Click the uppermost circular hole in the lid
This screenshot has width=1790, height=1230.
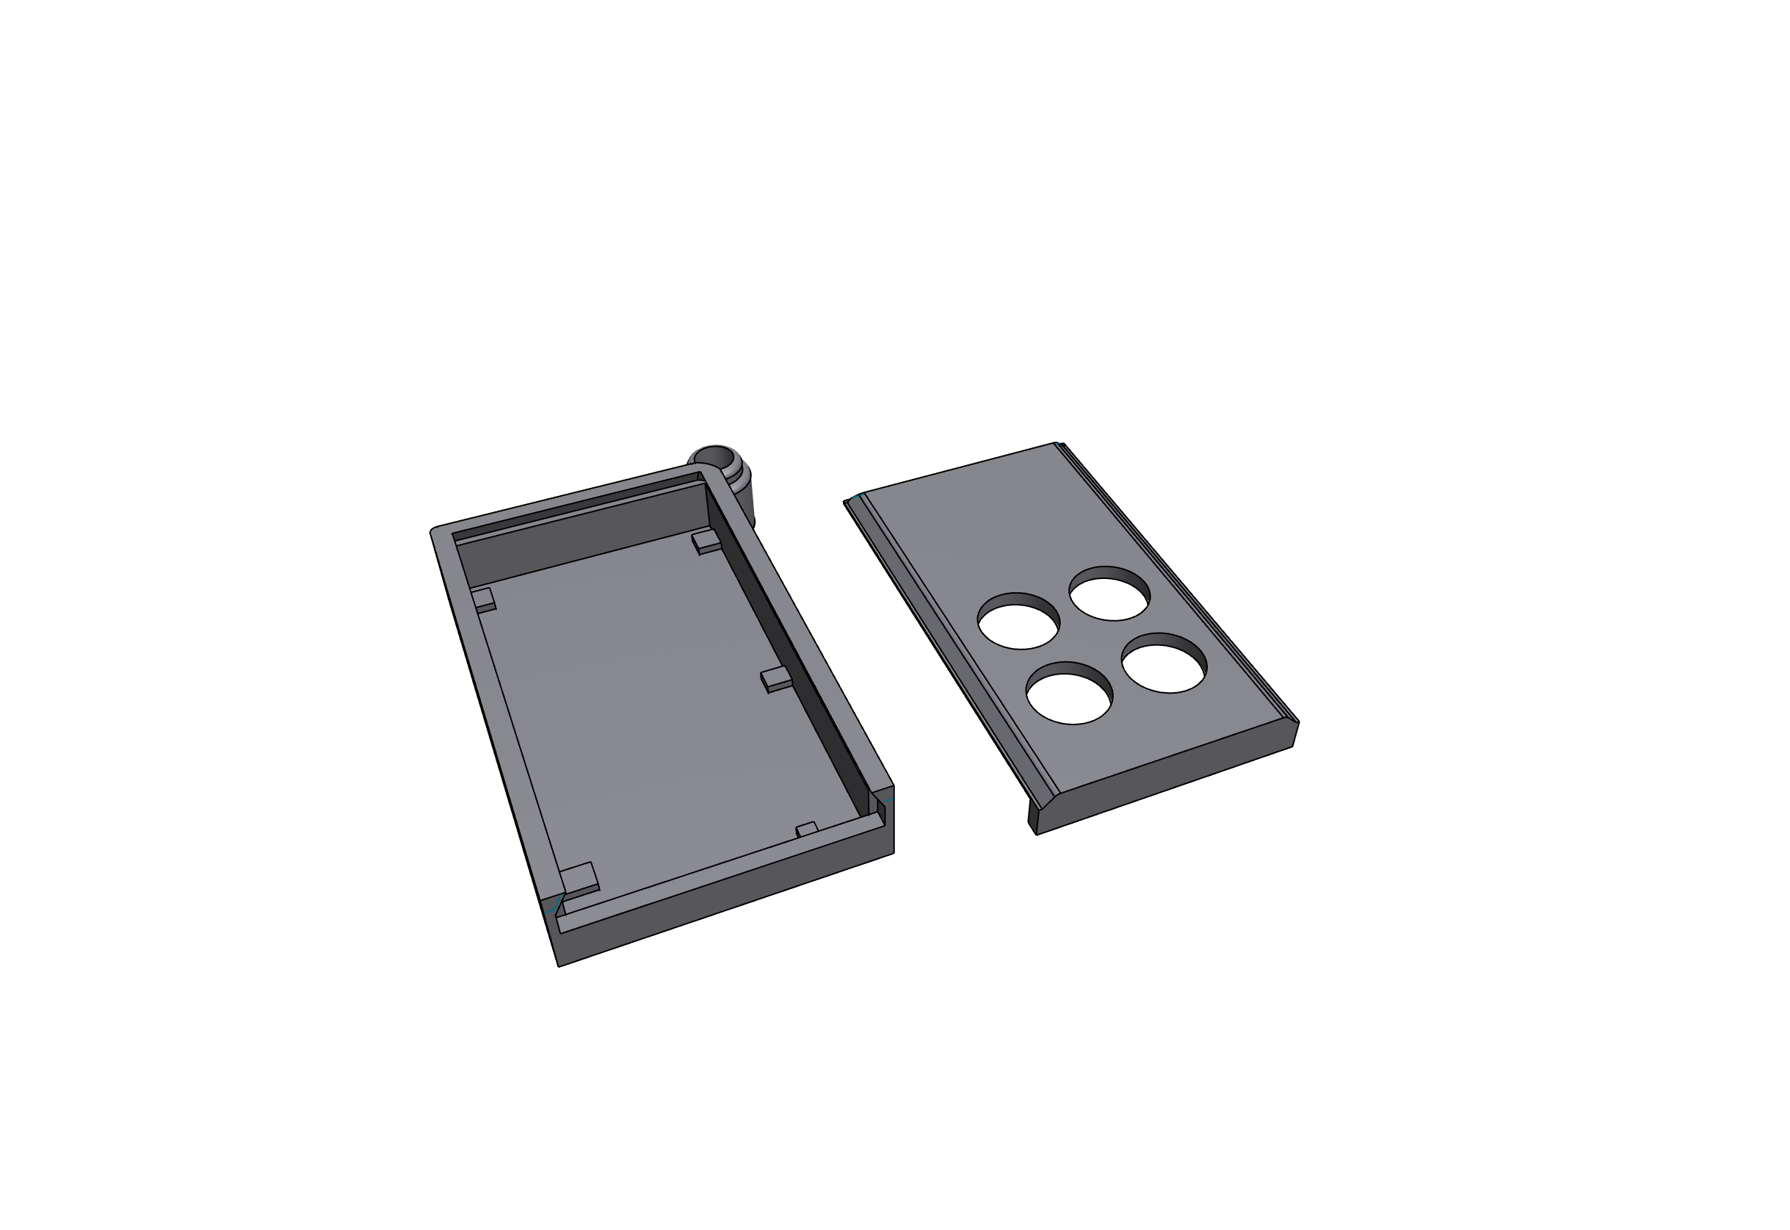coord(1110,595)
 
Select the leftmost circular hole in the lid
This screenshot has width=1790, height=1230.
coord(1018,622)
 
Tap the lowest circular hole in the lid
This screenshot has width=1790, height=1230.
coord(1069,694)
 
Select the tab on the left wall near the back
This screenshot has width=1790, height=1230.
coord(485,599)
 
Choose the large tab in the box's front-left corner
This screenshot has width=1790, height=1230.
coord(579,879)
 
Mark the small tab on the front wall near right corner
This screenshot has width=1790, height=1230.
coord(806,830)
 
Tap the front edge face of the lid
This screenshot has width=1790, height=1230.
coord(1163,778)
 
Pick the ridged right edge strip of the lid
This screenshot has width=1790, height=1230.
coord(1178,586)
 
